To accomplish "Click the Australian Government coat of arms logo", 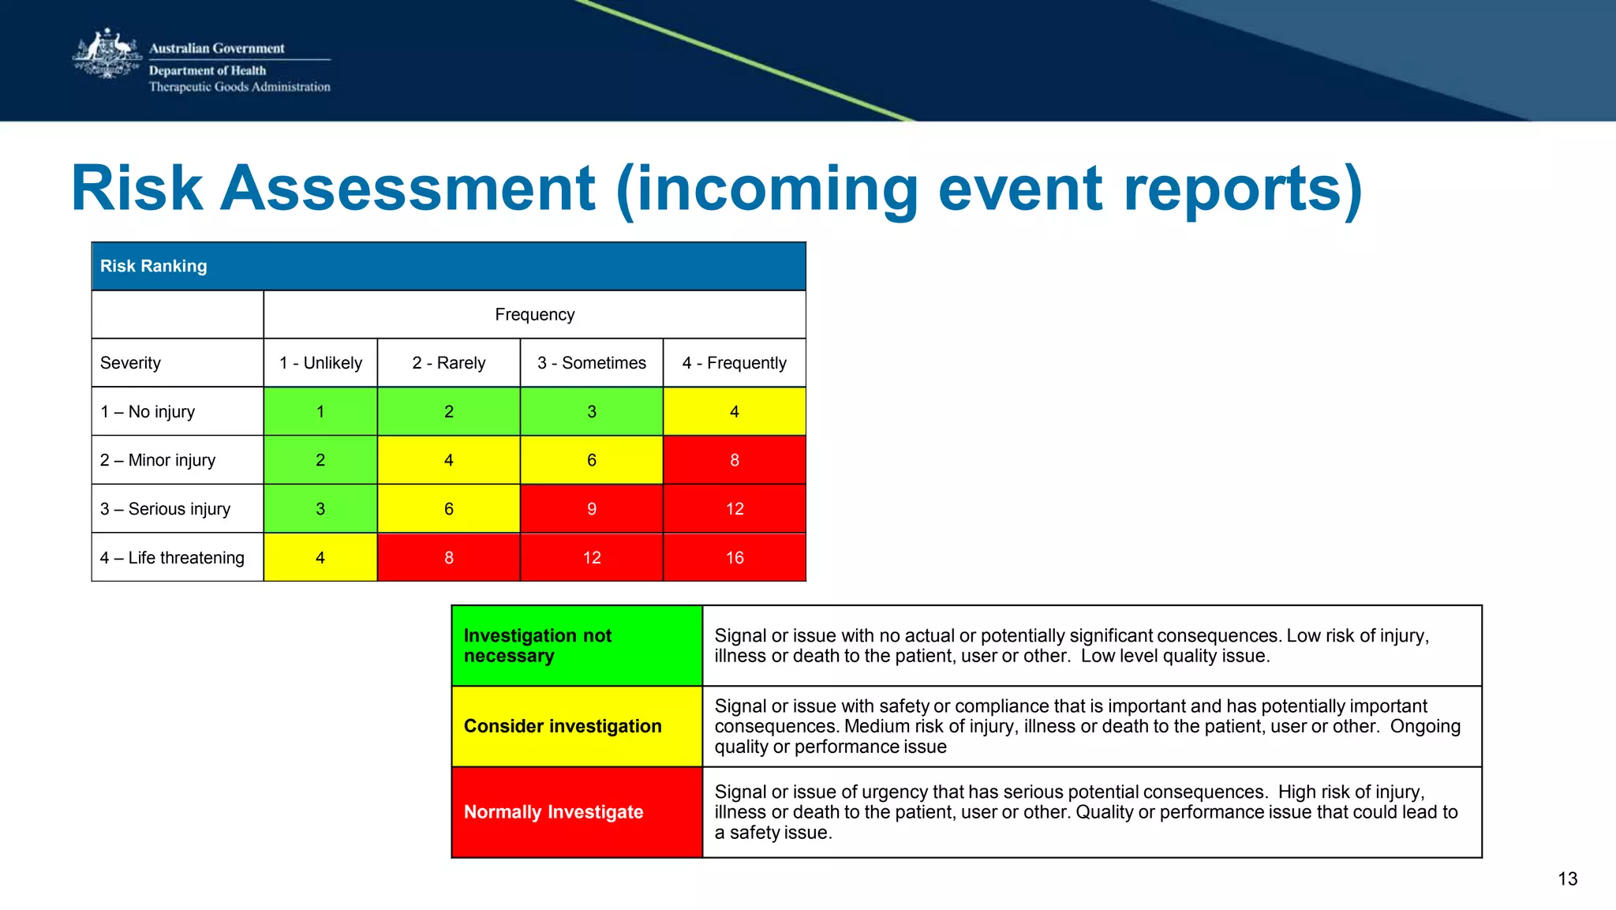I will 107,54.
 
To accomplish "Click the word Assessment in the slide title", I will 407,189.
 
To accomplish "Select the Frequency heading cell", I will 534,315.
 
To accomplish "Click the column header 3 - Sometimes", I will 591,363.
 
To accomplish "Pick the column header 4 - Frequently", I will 734,363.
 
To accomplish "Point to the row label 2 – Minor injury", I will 158,460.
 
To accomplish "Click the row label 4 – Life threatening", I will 172,558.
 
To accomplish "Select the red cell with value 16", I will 734,558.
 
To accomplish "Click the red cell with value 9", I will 591,509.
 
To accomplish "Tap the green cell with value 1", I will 320,412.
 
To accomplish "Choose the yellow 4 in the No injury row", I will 734,412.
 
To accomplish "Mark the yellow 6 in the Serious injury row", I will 448,509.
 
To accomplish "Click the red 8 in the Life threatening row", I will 448,558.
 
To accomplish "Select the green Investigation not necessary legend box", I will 577,646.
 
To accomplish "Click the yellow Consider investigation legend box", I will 577,726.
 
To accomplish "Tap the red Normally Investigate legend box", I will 577,812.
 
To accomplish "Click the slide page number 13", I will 1567,879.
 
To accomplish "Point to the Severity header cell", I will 131,363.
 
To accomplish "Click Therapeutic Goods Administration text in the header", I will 240,87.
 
